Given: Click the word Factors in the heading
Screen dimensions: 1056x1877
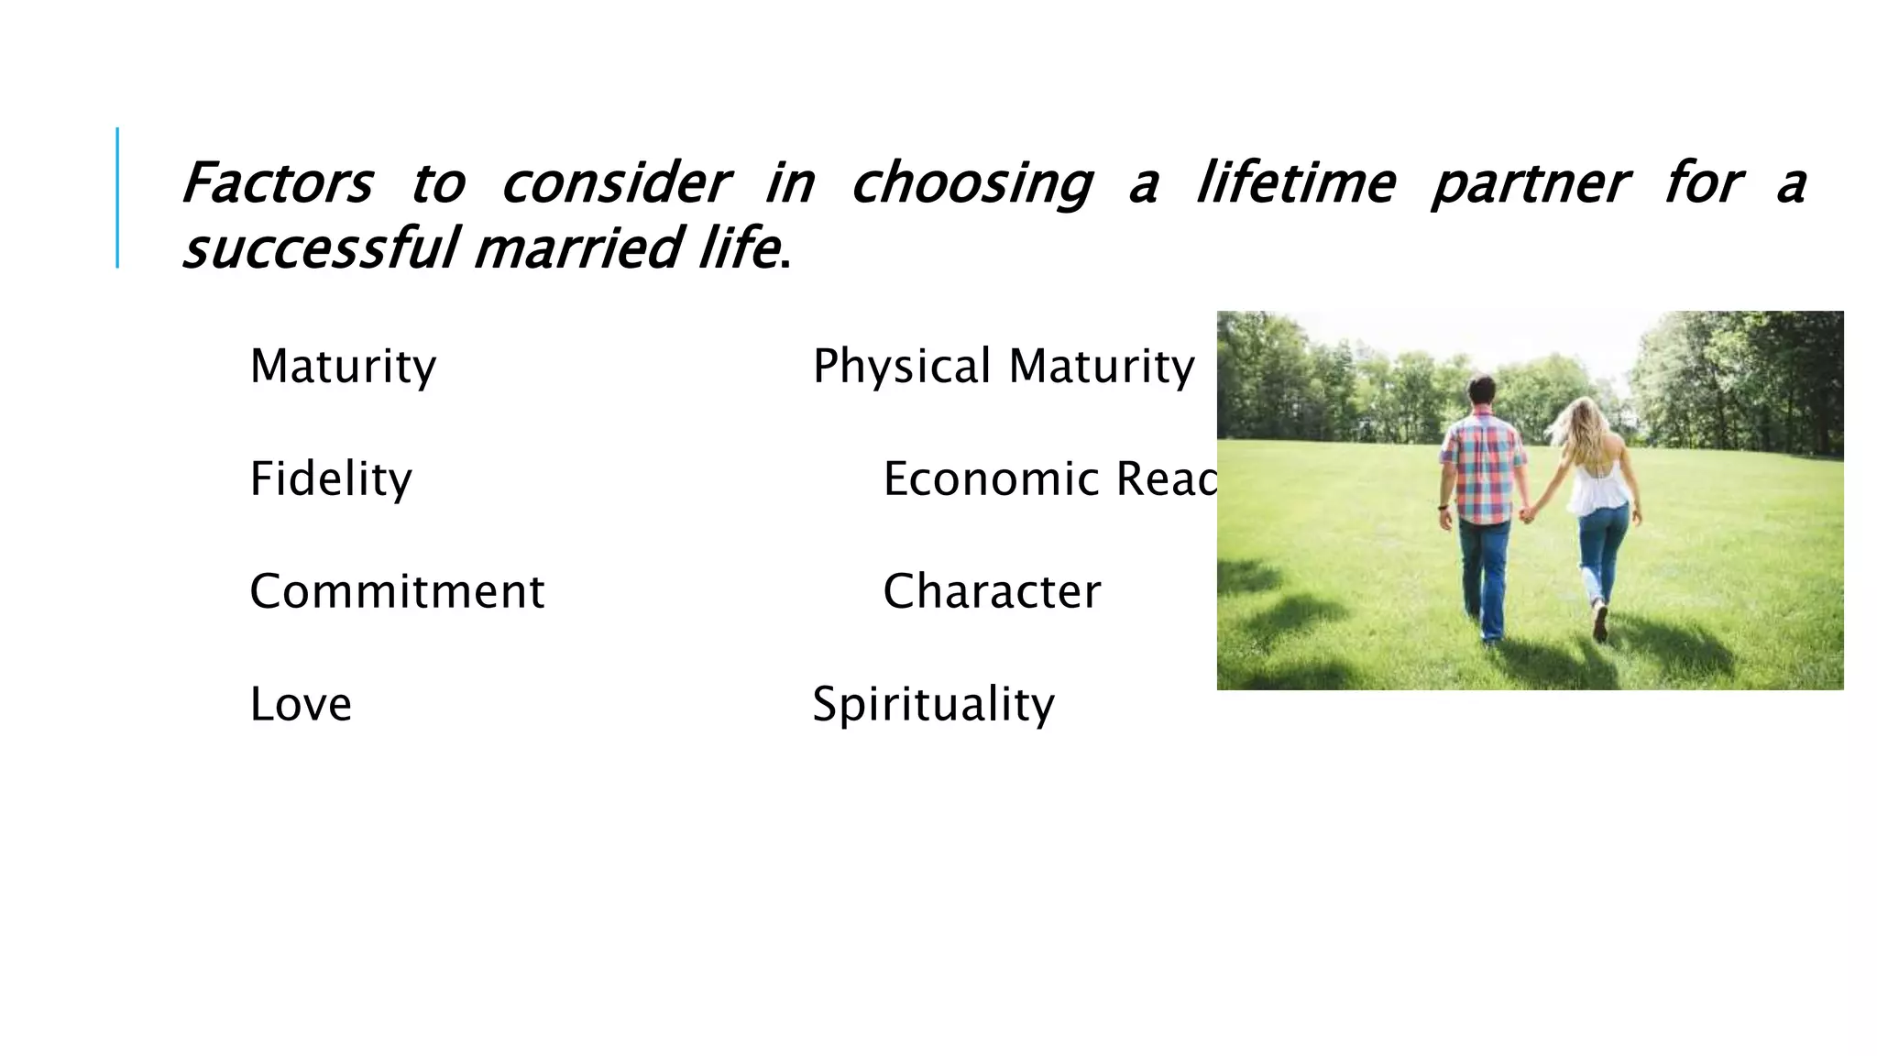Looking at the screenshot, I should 277,183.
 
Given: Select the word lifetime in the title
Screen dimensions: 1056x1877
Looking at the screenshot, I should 1295,183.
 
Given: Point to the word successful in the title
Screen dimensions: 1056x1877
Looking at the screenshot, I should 319,249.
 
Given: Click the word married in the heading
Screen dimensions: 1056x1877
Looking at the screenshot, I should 578,249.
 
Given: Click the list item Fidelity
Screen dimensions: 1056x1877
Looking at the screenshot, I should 331,479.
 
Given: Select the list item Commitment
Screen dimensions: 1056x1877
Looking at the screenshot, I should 397,591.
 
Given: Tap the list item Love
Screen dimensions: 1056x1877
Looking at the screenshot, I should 301,704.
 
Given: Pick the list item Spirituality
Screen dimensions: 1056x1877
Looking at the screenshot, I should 933,705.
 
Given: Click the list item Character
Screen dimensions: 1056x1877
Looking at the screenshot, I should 992,591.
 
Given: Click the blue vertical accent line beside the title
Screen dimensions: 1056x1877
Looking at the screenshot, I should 117,197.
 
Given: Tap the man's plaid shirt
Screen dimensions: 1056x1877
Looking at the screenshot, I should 1482,467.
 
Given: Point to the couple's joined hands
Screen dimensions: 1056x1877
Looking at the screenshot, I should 1526,514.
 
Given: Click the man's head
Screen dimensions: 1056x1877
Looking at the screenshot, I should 1481,391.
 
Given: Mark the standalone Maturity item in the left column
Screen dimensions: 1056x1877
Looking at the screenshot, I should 343,367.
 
